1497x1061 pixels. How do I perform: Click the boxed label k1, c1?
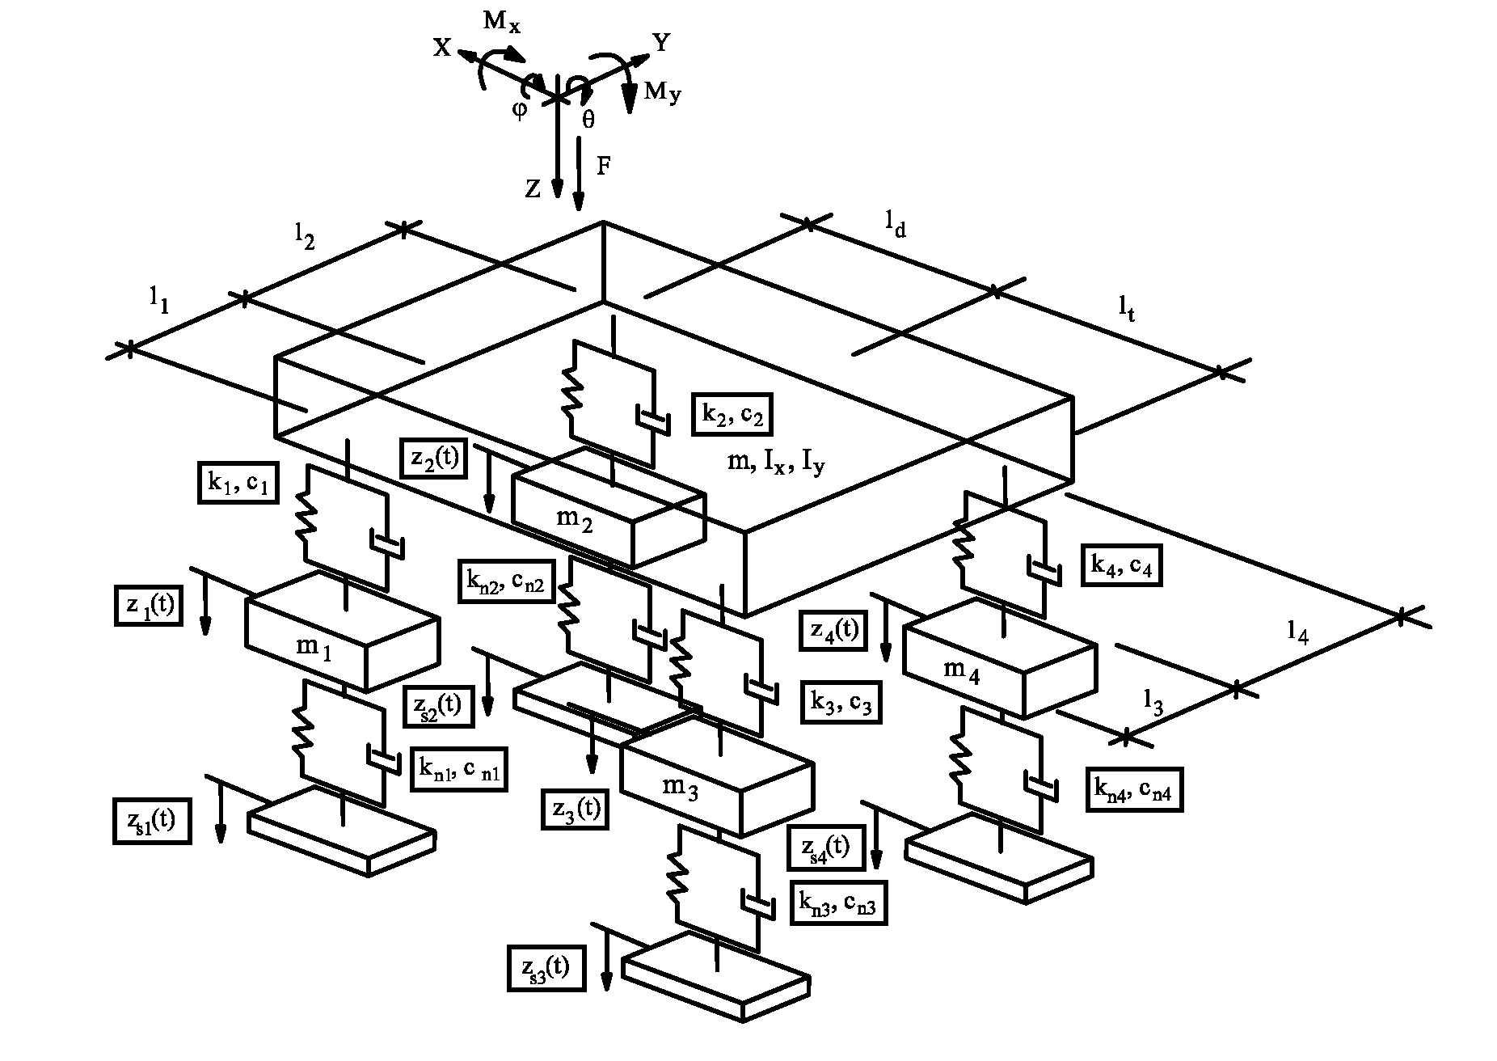tap(238, 483)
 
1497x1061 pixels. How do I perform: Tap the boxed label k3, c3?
tap(841, 702)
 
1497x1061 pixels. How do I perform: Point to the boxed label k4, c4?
tap(1121, 565)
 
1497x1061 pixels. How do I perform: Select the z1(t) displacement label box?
tap(149, 606)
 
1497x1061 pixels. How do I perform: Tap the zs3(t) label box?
tap(546, 967)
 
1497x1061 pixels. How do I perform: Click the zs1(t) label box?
tap(152, 822)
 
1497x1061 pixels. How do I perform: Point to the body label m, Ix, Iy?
tap(776, 463)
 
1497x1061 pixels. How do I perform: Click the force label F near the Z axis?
tap(603, 166)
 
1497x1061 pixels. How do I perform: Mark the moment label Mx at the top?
tap(502, 22)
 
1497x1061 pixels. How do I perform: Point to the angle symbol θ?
tap(588, 120)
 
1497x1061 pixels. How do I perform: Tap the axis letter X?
tap(441, 49)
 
